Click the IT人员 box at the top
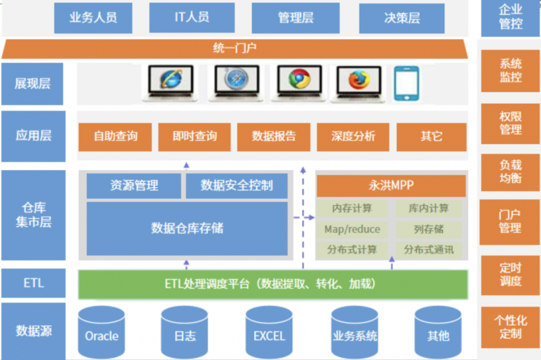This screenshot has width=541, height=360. point(192,18)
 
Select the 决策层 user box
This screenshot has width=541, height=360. point(402,19)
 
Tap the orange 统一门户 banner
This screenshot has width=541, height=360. point(234,49)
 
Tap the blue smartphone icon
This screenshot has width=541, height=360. point(406,84)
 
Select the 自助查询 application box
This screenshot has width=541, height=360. point(115,137)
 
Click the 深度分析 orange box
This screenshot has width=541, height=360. point(353,137)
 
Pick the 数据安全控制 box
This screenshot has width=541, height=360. point(236,186)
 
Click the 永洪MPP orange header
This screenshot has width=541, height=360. point(391,186)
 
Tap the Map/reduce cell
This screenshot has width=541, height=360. point(352,229)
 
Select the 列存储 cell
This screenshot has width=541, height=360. point(428,229)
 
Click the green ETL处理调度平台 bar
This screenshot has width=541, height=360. point(273,284)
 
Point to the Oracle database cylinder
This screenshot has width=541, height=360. point(101,332)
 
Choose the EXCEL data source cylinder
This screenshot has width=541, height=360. point(269,332)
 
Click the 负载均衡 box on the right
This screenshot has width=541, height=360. point(510,172)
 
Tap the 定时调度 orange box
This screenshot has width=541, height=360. point(510,275)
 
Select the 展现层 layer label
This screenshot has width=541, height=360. point(33,84)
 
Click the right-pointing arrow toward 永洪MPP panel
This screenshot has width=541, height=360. point(304,218)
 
